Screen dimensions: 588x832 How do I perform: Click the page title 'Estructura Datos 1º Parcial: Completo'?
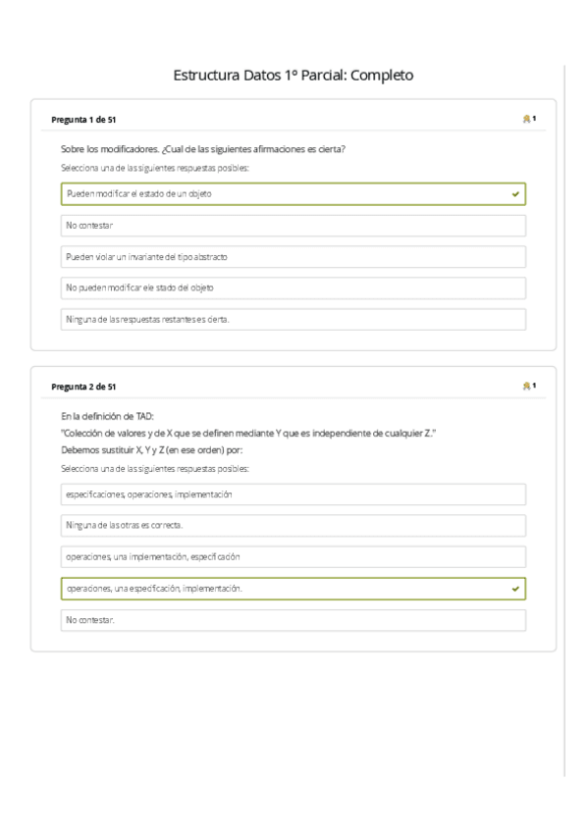[x=293, y=75]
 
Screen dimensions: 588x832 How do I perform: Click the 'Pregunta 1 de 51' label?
[x=83, y=120]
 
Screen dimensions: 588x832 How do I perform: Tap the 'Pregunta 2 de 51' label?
[x=83, y=387]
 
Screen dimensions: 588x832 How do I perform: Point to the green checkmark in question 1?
[x=515, y=194]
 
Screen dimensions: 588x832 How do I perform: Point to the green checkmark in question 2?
[x=515, y=589]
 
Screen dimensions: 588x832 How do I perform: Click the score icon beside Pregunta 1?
[x=527, y=120]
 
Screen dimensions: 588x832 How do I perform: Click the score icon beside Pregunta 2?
[x=527, y=387]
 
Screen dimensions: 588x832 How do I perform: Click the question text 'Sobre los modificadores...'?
[x=202, y=150]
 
